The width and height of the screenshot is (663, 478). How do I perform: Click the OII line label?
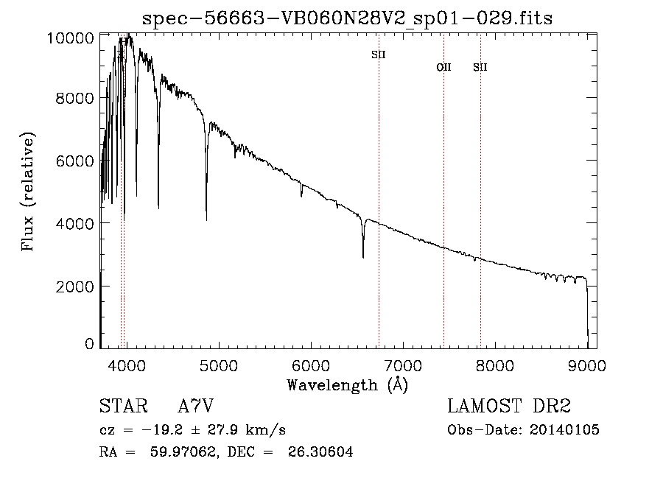[x=443, y=68]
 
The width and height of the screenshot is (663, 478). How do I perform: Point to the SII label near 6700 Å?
[x=379, y=55]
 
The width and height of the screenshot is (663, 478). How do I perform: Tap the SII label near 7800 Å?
[x=480, y=68]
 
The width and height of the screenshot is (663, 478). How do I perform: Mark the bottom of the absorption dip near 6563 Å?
[x=363, y=256]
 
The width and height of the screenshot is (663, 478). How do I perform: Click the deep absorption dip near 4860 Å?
[x=206, y=219]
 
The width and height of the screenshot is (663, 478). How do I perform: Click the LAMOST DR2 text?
[x=509, y=407]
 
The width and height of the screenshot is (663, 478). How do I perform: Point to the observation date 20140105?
[x=564, y=430]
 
